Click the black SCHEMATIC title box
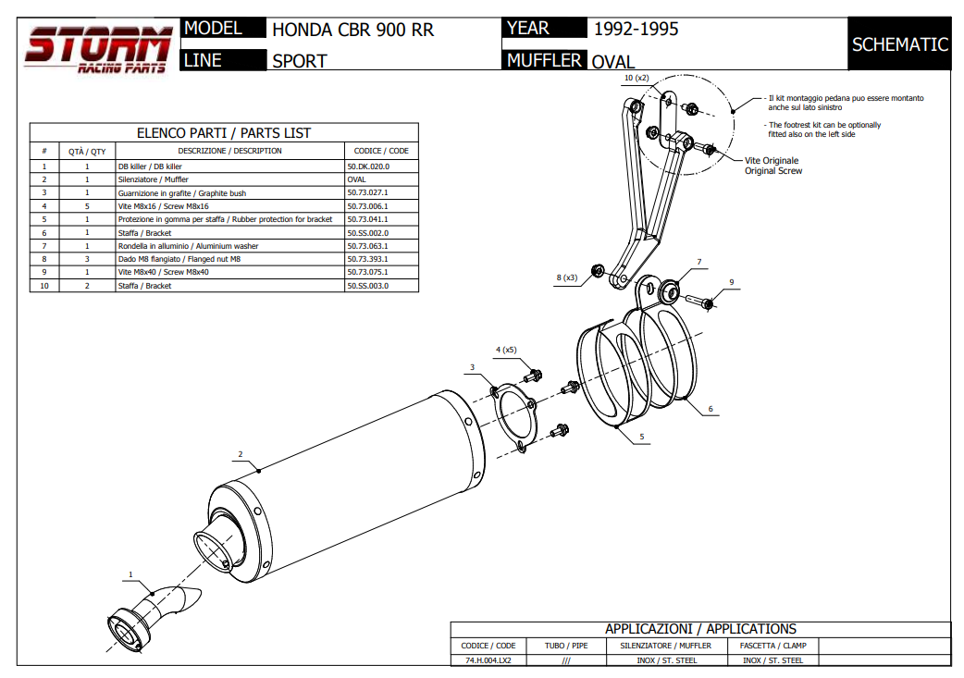tap(899, 44)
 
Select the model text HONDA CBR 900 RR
tap(352, 30)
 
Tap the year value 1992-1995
tap(636, 29)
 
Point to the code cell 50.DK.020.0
tap(368, 166)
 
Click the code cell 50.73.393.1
tap(368, 259)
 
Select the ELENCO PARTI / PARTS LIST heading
tap(224, 132)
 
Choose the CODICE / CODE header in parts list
tap(381, 150)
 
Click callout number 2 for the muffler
tap(240, 454)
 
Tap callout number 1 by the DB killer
tap(130, 574)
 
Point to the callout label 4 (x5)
tap(506, 350)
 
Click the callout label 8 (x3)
tap(567, 277)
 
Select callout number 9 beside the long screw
tap(731, 282)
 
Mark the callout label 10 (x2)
tap(636, 79)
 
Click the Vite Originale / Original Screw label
tap(772, 166)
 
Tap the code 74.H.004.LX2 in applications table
tap(488, 660)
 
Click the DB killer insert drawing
tap(148, 615)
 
